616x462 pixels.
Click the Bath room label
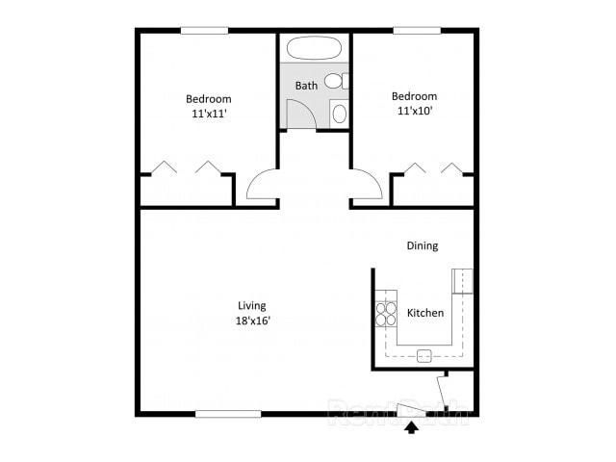click(306, 86)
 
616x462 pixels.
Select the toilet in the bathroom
click(335, 81)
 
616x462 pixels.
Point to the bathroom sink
click(339, 114)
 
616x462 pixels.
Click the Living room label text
click(251, 306)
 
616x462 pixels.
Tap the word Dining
click(422, 245)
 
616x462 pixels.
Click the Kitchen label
click(425, 313)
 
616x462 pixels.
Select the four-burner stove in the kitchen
click(386, 314)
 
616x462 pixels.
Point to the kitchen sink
click(423, 355)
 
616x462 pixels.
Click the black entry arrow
click(412, 426)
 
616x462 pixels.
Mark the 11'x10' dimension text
click(414, 110)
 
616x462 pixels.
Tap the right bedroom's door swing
click(367, 185)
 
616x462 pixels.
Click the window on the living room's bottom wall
click(228, 414)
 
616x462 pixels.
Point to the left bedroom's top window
click(205, 30)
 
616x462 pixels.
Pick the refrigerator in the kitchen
click(463, 280)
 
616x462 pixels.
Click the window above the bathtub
click(314, 30)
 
